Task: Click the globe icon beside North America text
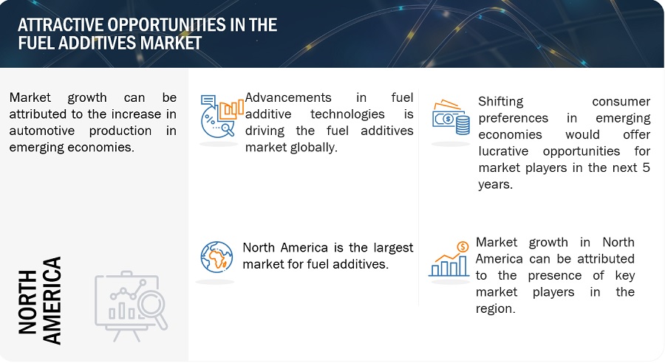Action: pos(216,257)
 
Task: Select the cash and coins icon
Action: pos(451,117)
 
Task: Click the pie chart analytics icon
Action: pos(222,116)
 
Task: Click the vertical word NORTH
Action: pos(27,302)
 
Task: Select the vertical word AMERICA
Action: pos(52,300)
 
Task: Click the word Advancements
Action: pos(288,97)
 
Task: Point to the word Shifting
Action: pos(501,102)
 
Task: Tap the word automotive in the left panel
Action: pos(42,131)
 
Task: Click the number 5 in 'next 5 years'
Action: pos(646,167)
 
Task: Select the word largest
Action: pos(393,248)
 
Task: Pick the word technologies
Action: pos(347,114)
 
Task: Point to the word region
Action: pos(495,309)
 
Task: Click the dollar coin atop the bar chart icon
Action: pos(463,246)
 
